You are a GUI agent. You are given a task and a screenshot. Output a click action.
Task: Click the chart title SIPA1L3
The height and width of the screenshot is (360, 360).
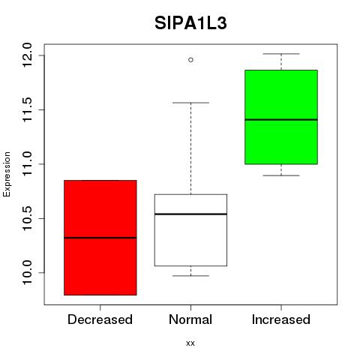(190, 23)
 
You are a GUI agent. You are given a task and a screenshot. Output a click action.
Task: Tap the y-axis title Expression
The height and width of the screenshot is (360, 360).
(7, 174)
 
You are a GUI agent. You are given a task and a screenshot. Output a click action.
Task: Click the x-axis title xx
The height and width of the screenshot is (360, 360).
(190, 343)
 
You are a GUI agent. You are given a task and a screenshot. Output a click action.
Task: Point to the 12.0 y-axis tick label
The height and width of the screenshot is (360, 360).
(27, 55)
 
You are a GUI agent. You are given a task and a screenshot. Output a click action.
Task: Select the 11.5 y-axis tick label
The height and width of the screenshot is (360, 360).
(27, 109)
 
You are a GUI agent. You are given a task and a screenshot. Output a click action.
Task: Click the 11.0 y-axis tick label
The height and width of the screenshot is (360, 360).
(27, 164)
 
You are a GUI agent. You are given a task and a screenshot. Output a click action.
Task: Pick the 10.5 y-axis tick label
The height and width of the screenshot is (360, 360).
(27, 218)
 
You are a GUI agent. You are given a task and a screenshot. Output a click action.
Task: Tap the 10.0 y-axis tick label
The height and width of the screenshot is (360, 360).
(27, 272)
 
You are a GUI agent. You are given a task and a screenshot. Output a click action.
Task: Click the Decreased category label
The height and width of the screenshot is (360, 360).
(100, 319)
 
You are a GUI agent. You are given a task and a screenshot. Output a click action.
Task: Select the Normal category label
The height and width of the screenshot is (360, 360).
(190, 319)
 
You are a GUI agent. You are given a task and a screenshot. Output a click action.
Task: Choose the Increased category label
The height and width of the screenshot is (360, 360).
(281, 319)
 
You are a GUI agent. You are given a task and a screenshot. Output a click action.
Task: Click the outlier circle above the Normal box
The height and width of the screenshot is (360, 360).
(190, 60)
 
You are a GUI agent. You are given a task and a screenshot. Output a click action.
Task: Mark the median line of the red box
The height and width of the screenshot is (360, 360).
(100, 238)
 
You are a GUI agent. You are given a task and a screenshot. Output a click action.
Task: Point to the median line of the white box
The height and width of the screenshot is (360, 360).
(190, 214)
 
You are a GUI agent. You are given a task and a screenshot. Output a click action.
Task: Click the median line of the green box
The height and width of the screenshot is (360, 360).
(281, 120)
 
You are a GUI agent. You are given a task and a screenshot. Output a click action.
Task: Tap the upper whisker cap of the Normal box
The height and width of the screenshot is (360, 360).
(190, 103)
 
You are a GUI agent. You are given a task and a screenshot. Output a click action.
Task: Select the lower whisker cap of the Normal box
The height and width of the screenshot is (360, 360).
(190, 276)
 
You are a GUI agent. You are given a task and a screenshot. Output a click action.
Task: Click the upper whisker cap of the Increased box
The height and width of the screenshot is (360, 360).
(281, 54)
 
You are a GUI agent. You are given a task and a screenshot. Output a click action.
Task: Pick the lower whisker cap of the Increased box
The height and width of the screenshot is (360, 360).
(281, 175)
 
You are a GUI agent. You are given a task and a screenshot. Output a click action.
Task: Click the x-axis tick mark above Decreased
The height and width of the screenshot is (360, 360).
(100, 307)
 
